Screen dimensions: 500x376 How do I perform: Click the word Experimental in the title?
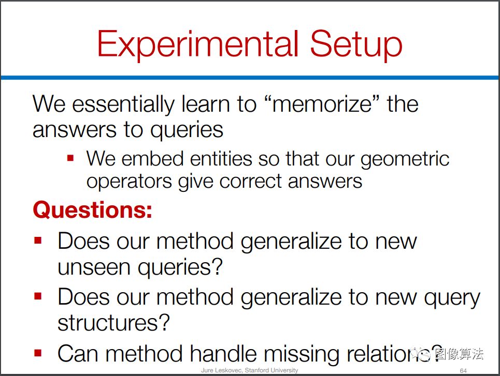coord(198,44)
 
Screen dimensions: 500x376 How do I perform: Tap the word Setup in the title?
coord(356,44)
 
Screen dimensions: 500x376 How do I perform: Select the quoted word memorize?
coord(322,104)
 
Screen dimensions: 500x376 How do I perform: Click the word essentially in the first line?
coord(123,104)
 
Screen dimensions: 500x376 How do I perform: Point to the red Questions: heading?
coord(92,210)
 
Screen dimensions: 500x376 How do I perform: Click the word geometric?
coord(405,159)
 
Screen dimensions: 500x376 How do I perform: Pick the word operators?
coord(129,182)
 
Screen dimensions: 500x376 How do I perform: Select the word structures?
coord(113,323)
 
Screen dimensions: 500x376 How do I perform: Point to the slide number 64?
coord(463,371)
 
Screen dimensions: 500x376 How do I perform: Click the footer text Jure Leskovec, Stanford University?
coord(250,370)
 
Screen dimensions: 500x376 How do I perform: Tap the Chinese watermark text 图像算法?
coord(459,354)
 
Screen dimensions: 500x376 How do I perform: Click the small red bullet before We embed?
coord(70,158)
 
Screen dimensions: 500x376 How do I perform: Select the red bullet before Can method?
coord(38,353)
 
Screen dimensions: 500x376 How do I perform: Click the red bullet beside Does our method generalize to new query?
coord(38,296)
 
